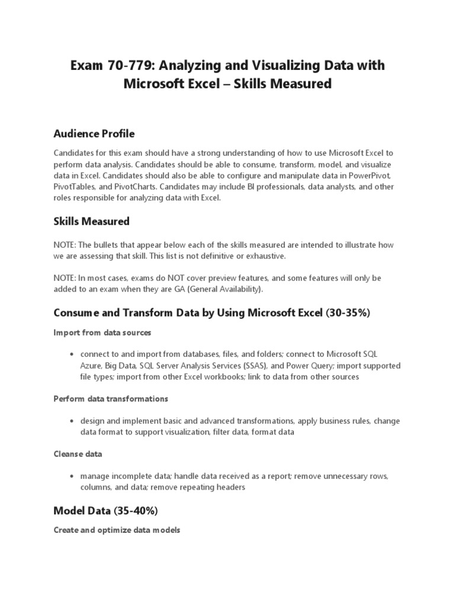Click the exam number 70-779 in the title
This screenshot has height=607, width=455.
tap(128, 65)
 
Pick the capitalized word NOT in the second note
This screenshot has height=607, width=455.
tap(165, 277)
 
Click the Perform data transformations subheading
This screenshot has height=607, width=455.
tap(111, 398)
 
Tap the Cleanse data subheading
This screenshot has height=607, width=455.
tap(78, 454)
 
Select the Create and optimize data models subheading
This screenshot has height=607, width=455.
tap(117, 530)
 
